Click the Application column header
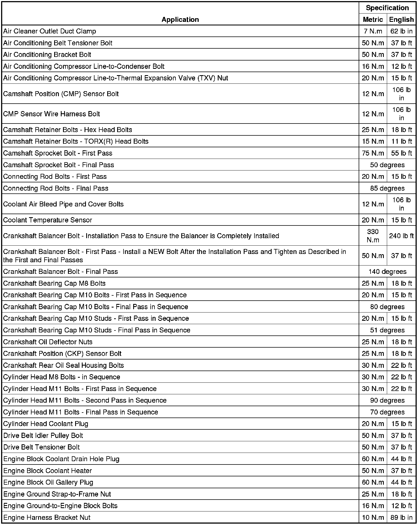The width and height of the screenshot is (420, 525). [180, 19]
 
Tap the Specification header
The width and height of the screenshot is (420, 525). [387, 8]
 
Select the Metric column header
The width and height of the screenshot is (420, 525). [373, 19]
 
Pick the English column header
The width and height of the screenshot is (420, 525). [401, 19]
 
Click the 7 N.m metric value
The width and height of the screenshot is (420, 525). [373, 31]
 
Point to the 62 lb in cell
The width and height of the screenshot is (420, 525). [401, 31]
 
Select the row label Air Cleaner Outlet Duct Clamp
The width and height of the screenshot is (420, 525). [50, 31]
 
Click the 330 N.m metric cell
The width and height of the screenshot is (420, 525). [373, 236]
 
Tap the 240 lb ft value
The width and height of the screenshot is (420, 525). [401, 236]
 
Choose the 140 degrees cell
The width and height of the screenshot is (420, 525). [387, 272]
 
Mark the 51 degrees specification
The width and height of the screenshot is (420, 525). [387, 330]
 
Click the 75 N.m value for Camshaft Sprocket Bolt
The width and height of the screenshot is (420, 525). [373, 153]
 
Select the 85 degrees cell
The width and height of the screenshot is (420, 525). [387, 188]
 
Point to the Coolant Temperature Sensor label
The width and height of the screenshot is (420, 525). [48, 220]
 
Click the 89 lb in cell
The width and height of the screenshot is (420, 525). [401, 517]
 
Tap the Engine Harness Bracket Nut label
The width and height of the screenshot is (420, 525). [47, 517]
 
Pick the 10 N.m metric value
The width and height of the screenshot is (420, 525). [373, 517]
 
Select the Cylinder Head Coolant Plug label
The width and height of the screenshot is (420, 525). [46, 424]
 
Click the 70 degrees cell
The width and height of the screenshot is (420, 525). [387, 412]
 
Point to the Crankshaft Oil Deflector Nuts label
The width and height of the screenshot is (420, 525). [48, 342]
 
